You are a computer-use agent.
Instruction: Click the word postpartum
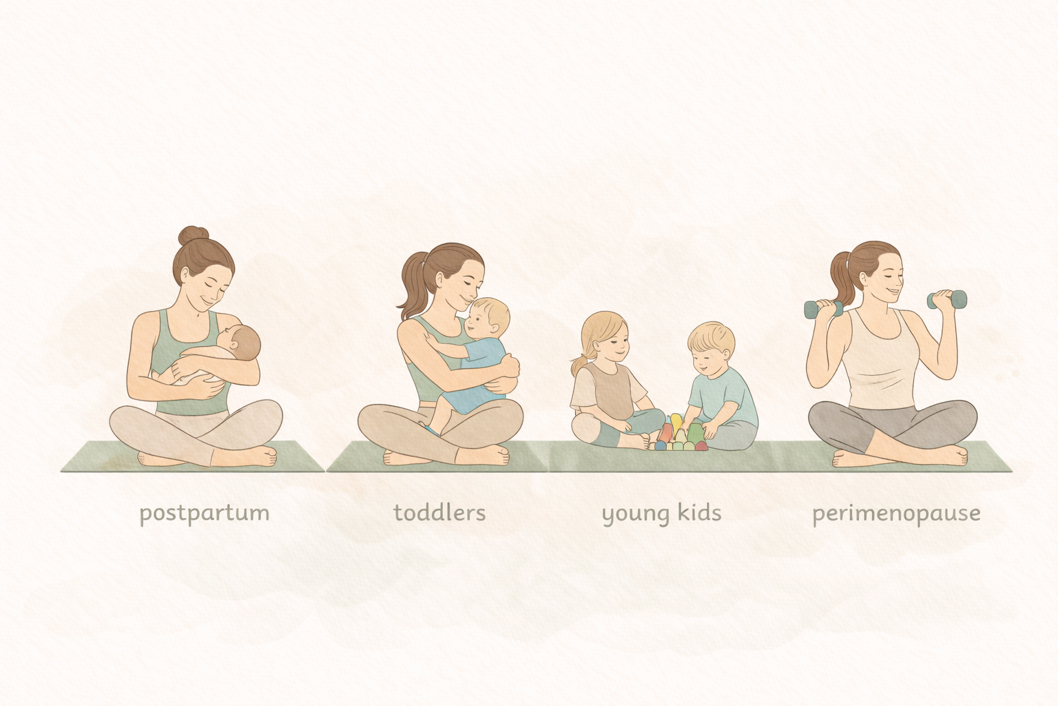[204, 514]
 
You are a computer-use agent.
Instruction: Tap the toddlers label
[439, 512]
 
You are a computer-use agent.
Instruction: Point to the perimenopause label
[895, 514]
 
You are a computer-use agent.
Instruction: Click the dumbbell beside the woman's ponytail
[823, 309]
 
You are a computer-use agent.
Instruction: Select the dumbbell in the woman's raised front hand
[947, 299]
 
